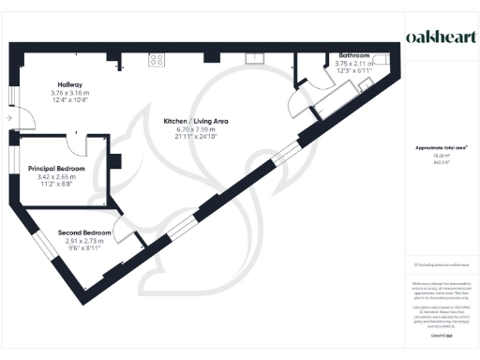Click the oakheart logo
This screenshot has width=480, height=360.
pyautogui.click(x=438, y=36)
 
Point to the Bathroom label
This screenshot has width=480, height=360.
pyautogui.click(x=353, y=56)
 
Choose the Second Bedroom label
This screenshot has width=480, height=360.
pyautogui.click(x=84, y=232)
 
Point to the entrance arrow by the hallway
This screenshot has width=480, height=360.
pyautogui.click(x=8, y=119)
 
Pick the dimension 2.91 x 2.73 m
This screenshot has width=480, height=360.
pyautogui.click(x=84, y=240)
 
